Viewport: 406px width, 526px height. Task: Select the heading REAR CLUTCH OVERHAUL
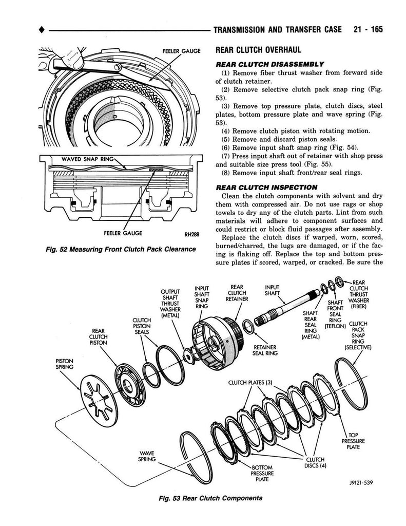click(258, 50)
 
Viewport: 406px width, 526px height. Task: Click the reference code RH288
click(190, 234)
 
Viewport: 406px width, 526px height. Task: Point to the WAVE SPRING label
click(147, 456)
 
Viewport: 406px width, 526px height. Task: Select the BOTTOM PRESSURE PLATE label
click(262, 473)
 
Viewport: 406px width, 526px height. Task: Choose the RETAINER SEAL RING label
click(264, 350)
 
